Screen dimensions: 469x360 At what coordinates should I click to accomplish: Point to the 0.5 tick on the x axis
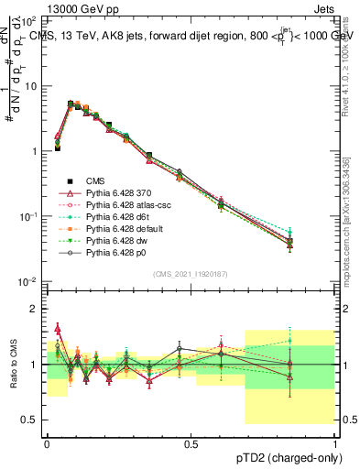click(x=191, y=442)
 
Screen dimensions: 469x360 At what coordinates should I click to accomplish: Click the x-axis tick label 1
click(x=335, y=442)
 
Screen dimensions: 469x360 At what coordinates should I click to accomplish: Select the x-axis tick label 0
click(x=48, y=442)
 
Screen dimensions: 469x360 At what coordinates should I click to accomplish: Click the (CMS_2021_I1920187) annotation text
click(x=191, y=273)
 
